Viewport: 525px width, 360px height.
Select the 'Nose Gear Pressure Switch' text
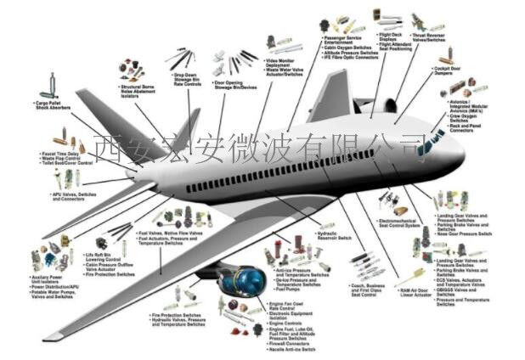(x=464, y=233)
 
